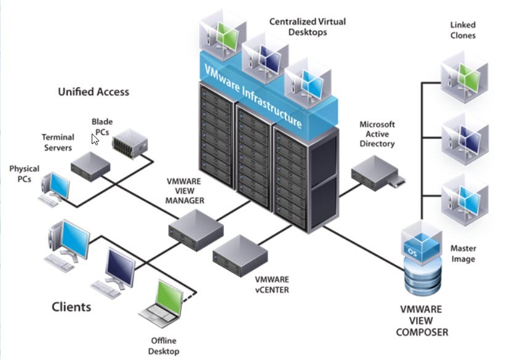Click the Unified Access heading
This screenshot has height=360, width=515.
tap(94, 92)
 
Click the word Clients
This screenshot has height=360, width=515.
tap(71, 306)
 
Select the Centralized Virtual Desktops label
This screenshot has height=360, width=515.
tap(307, 27)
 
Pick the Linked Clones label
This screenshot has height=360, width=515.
tap(463, 30)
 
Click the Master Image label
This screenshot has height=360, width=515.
tap(463, 254)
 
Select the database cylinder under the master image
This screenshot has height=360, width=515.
tap(421, 278)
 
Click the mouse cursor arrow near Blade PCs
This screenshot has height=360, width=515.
tap(95, 139)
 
